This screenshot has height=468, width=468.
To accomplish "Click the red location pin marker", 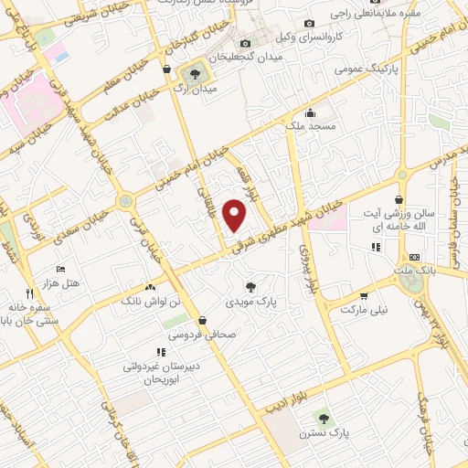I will point(236,216).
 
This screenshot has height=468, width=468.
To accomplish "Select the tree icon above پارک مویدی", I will point(251,287).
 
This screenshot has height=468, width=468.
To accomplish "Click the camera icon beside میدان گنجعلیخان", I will point(244,44).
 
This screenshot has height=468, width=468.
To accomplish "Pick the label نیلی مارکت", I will point(364,310).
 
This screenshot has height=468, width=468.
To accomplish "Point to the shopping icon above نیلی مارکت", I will point(365,296).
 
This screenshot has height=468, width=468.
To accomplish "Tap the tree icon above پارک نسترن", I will point(321,417).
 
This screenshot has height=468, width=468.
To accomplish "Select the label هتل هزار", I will point(62,283).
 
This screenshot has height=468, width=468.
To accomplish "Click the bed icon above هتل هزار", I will point(61,270).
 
